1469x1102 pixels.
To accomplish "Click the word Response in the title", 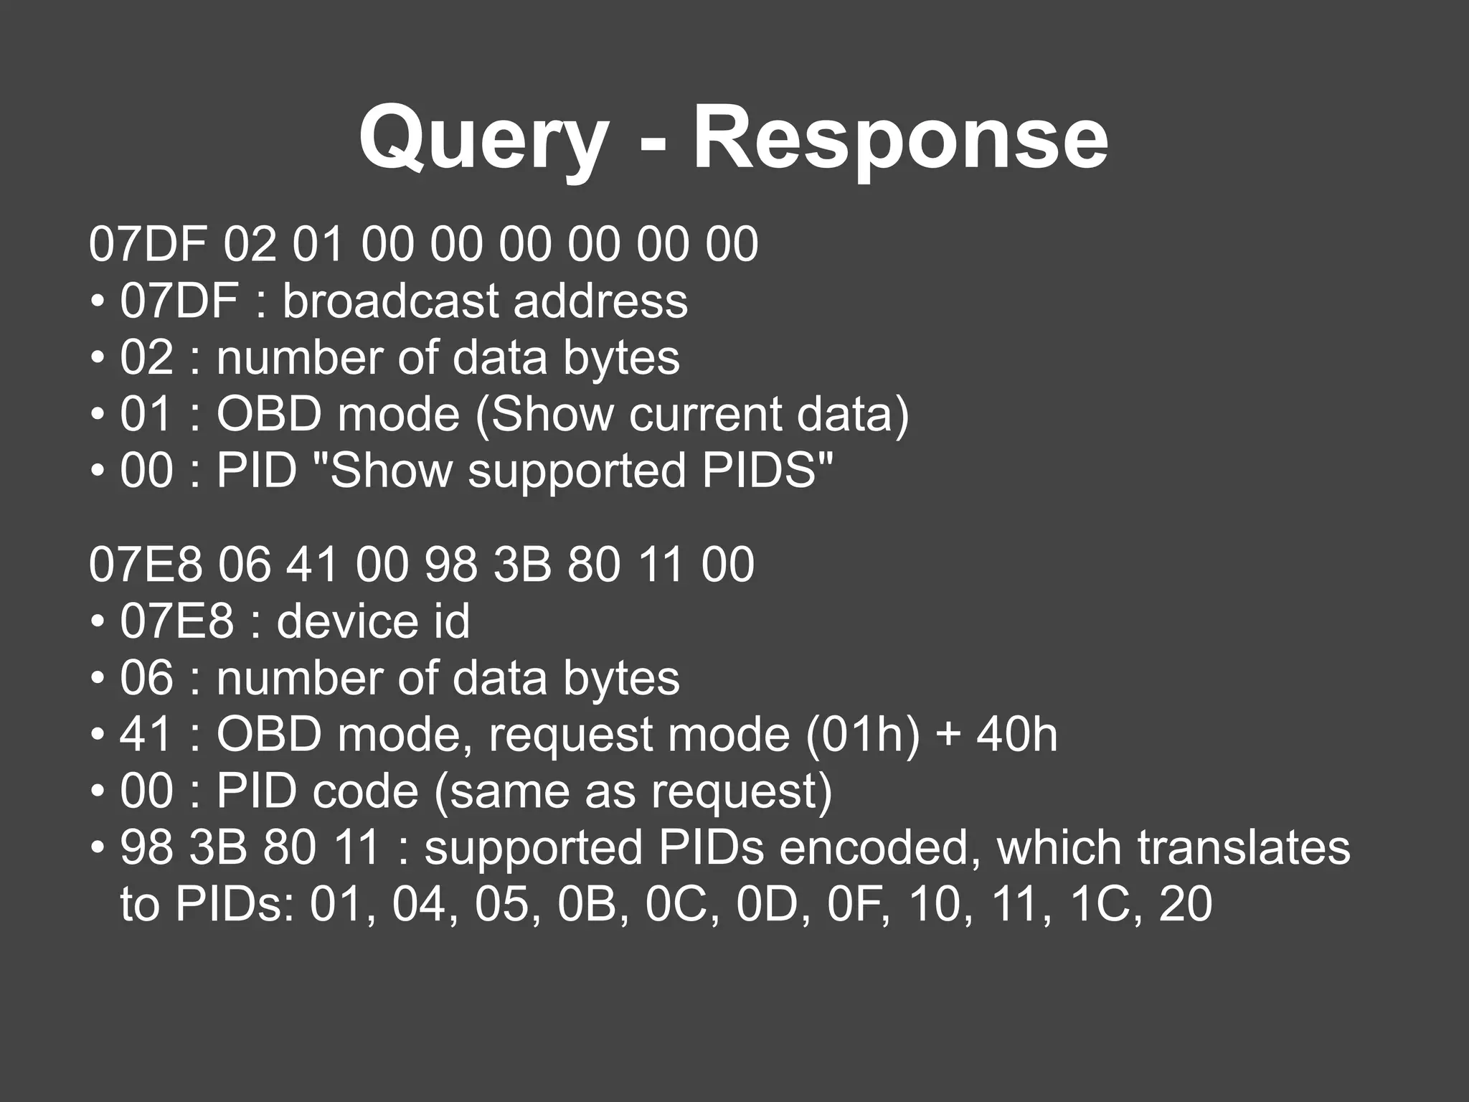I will [899, 138].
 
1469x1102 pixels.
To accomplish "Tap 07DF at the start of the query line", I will [148, 244].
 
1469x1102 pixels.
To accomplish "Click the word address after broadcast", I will [600, 301].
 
